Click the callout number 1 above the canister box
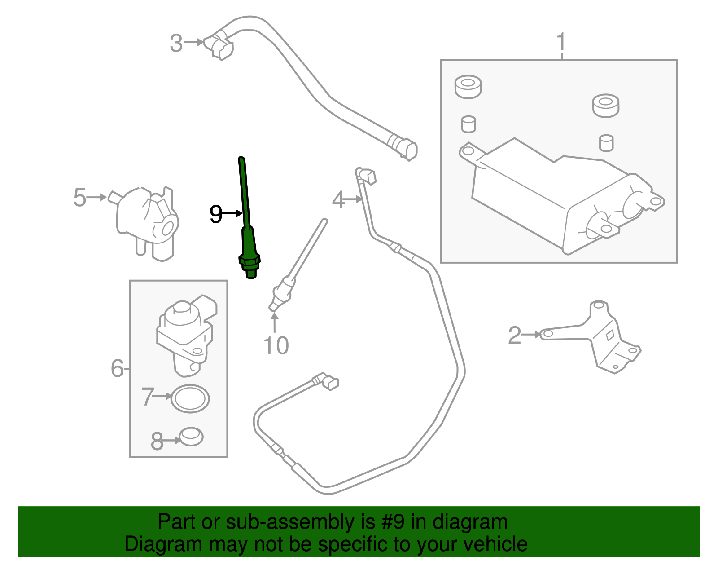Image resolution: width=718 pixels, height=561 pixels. click(x=561, y=43)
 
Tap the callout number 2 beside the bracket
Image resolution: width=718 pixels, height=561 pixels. click(x=514, y=336)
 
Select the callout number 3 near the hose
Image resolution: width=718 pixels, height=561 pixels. click(x=176, y=44)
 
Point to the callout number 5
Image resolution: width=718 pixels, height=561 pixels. click(x=79, y=198)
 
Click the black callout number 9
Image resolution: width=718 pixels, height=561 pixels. click(x=216, y=214)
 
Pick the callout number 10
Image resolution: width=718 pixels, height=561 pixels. click(x=276, y=346)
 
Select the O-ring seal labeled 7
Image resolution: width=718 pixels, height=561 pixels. click(x=190, y=398)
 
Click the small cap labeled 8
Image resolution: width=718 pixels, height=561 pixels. click(x=191, y=437)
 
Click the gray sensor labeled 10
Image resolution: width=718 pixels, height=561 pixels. click(x=292, y=274)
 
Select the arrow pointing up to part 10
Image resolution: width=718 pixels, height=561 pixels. click(x=274, y=322)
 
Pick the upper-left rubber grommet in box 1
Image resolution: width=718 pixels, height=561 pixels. click(x=468, y=87)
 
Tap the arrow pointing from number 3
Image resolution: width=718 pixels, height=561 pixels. click(x=194, y=43)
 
